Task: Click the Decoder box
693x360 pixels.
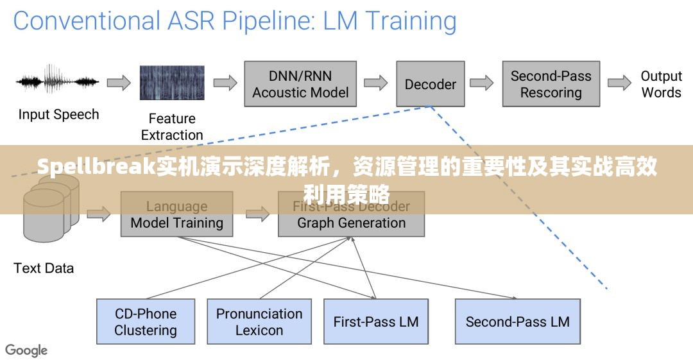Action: [430, 84]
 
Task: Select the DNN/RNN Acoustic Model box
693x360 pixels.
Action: [300, 84]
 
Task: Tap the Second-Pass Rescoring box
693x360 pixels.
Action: [551, 84]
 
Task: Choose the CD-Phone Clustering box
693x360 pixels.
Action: [146, 321]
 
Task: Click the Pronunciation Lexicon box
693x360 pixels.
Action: [259, 321]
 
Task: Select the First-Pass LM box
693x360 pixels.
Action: [376, 321]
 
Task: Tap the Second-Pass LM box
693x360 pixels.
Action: [517, 321]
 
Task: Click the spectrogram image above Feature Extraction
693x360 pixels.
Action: [172, 83]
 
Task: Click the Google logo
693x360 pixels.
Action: [26, 350]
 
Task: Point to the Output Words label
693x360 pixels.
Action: [661, 84]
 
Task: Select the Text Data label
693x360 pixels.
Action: [44, 268]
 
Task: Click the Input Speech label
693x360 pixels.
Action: [58, 115]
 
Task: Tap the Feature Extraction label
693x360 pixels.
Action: [172, 126]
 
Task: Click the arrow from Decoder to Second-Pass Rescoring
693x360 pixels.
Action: [481, 83]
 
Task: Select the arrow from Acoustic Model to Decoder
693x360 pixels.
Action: [376, 83]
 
